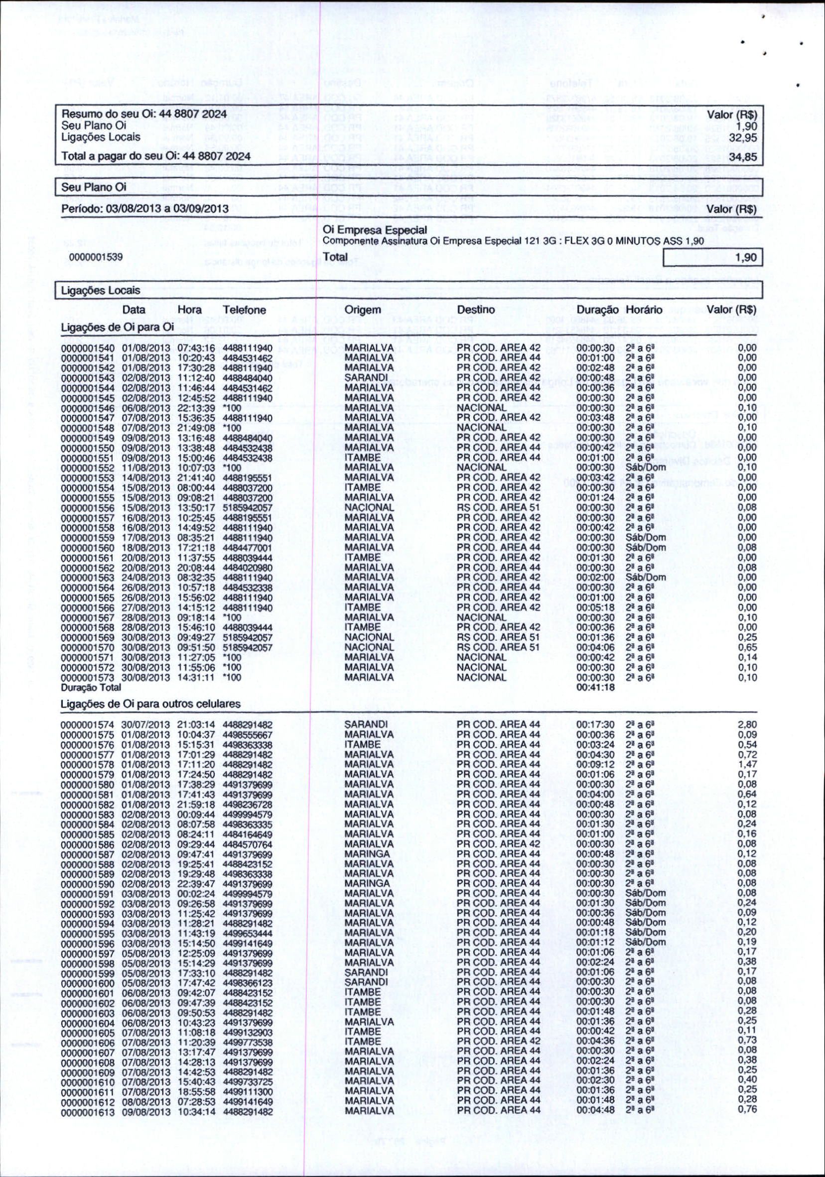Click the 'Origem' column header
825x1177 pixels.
click(x=363, y=310)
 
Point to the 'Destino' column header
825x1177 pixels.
click(x=476, y=310)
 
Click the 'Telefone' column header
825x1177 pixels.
click(x=244, y=310)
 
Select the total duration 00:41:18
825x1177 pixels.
click(x=596, y=688)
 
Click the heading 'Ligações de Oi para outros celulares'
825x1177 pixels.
click(x=151, y=704)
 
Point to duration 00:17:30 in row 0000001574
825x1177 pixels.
click(x=596, y=724)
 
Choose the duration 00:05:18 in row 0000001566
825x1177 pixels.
click(x=596, y=607)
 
